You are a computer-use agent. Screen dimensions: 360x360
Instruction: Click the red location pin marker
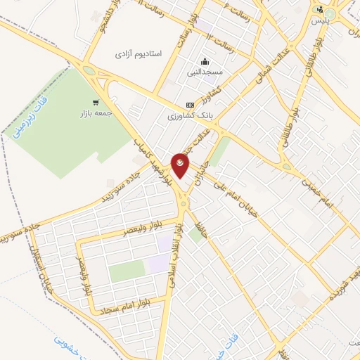tap(181, 165)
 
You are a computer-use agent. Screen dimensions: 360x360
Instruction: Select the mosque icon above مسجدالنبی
tap(204, 62)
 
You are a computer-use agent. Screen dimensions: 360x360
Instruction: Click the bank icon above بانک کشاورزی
tap(189, 104)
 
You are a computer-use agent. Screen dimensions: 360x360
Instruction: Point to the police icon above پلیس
tap(320, 10)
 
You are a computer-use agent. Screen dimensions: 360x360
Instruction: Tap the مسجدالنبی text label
tap(204, 72)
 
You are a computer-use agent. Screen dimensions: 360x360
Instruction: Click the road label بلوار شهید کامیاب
tap(155, 159)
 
